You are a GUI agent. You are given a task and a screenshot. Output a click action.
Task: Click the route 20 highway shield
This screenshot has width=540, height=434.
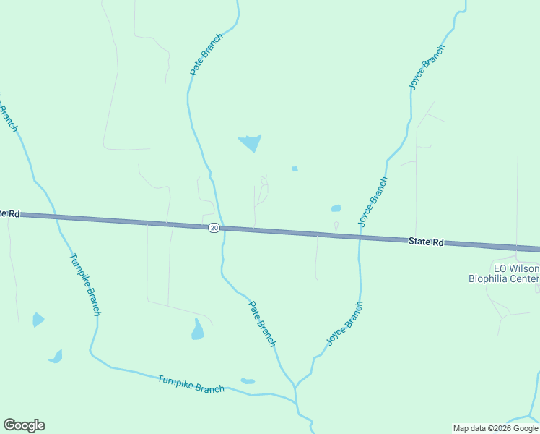(x=214, y=228)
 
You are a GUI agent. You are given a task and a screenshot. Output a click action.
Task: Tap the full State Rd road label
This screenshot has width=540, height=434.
(x=425, y=242)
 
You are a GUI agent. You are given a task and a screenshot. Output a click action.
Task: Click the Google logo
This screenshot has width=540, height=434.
(x=24, y=425)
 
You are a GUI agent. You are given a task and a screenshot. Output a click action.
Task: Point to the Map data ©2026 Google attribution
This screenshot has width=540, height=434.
(x=495, y=428)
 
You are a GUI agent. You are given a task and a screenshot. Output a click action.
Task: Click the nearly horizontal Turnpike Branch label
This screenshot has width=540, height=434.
(x=191, y=384)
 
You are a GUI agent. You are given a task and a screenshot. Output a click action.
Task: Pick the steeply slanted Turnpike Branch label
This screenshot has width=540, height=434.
(x=85, y=284)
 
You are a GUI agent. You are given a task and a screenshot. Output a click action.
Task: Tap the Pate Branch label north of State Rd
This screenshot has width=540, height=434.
(x=206, y=55)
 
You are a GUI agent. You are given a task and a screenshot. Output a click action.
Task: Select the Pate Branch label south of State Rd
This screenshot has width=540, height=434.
(x=262, y=323)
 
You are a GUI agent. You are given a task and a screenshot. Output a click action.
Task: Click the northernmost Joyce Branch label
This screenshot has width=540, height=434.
(x=426, y=67)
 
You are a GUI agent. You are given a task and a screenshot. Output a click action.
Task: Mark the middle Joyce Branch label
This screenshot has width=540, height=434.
(x=373, y=202)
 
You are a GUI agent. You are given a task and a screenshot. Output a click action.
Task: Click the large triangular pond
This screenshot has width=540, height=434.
(x=250, y=142)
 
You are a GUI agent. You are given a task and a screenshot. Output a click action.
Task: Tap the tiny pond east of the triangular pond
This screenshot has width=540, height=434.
(x=295, y=169)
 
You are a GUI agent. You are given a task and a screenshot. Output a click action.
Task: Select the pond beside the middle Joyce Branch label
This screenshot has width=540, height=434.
(x=336, y=208)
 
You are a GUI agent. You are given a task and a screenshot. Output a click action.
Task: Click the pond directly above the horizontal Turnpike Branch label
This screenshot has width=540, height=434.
(x=197, y=330)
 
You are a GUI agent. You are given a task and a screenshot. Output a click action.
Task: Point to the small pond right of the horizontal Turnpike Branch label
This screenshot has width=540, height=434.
(x=248, y=380)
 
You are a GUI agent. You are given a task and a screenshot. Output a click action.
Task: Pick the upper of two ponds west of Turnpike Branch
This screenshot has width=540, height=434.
(x=38, y=319)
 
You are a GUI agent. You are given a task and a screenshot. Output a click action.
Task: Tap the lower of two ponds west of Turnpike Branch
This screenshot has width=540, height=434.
(x=56, y=356)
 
